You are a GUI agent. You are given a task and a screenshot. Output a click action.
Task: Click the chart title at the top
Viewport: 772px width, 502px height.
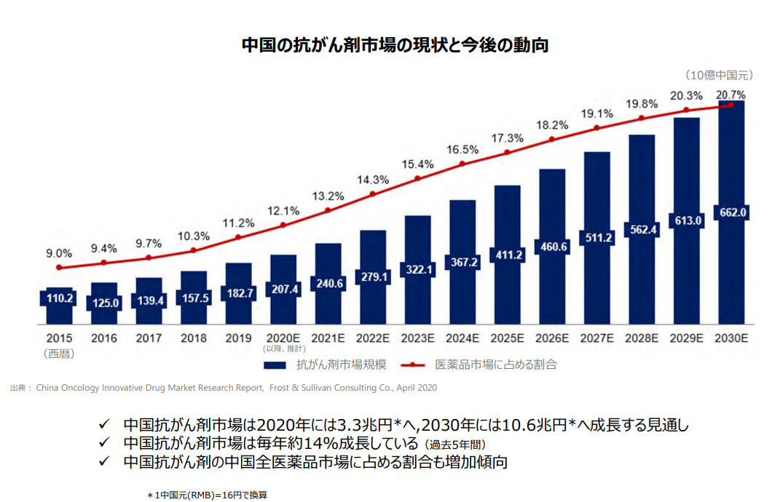pos(395,45)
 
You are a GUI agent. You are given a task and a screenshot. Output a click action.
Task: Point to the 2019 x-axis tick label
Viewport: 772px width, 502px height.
pos(238,338)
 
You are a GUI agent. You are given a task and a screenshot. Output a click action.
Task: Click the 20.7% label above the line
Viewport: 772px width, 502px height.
pos(730,95)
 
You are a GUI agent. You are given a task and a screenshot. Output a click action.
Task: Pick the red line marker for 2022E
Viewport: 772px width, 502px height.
pos(373,194)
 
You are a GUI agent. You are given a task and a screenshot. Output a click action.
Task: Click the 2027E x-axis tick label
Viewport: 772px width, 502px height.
pos(597,338)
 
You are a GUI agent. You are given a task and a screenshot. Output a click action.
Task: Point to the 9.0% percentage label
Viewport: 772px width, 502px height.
pos(59,253)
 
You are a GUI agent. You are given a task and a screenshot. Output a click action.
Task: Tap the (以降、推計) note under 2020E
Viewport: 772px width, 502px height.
pos(283,349)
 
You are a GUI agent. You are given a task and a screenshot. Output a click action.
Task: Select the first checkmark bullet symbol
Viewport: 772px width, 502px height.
pos(104,425)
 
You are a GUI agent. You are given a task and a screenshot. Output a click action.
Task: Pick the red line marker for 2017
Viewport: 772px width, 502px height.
pos(149,258)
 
